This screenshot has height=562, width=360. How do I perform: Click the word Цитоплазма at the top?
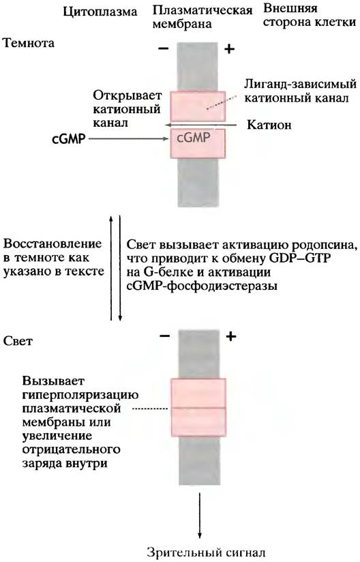(x=100, y=12)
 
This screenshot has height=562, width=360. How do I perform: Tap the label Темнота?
(x=29, y=43)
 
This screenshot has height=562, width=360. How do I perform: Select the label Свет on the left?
(x=18, y=341)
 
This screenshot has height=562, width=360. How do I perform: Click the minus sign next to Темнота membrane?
(x=163, y=48)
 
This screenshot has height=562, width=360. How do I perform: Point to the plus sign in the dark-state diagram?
(x=229, y=48)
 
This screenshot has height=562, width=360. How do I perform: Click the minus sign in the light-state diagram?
(x=165, y=336)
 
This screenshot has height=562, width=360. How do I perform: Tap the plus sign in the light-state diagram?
(x=231, y=336)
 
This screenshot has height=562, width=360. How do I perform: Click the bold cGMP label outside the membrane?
(x=69, y=139)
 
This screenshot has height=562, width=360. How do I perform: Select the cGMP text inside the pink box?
(x=193, y=137)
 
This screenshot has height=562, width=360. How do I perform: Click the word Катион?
(x=269, y=125)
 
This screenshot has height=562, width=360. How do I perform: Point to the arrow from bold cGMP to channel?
(x=129, y=139)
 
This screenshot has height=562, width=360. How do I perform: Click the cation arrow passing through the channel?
(x=200, y=125)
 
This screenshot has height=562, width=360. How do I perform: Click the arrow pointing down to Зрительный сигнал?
(x=200, y=515)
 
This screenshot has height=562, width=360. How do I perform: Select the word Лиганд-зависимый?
(x=300, y=85)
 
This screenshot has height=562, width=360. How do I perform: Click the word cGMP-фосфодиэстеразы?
(x=202, y=286)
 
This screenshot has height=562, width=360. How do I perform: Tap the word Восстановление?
(x=52, y=244)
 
